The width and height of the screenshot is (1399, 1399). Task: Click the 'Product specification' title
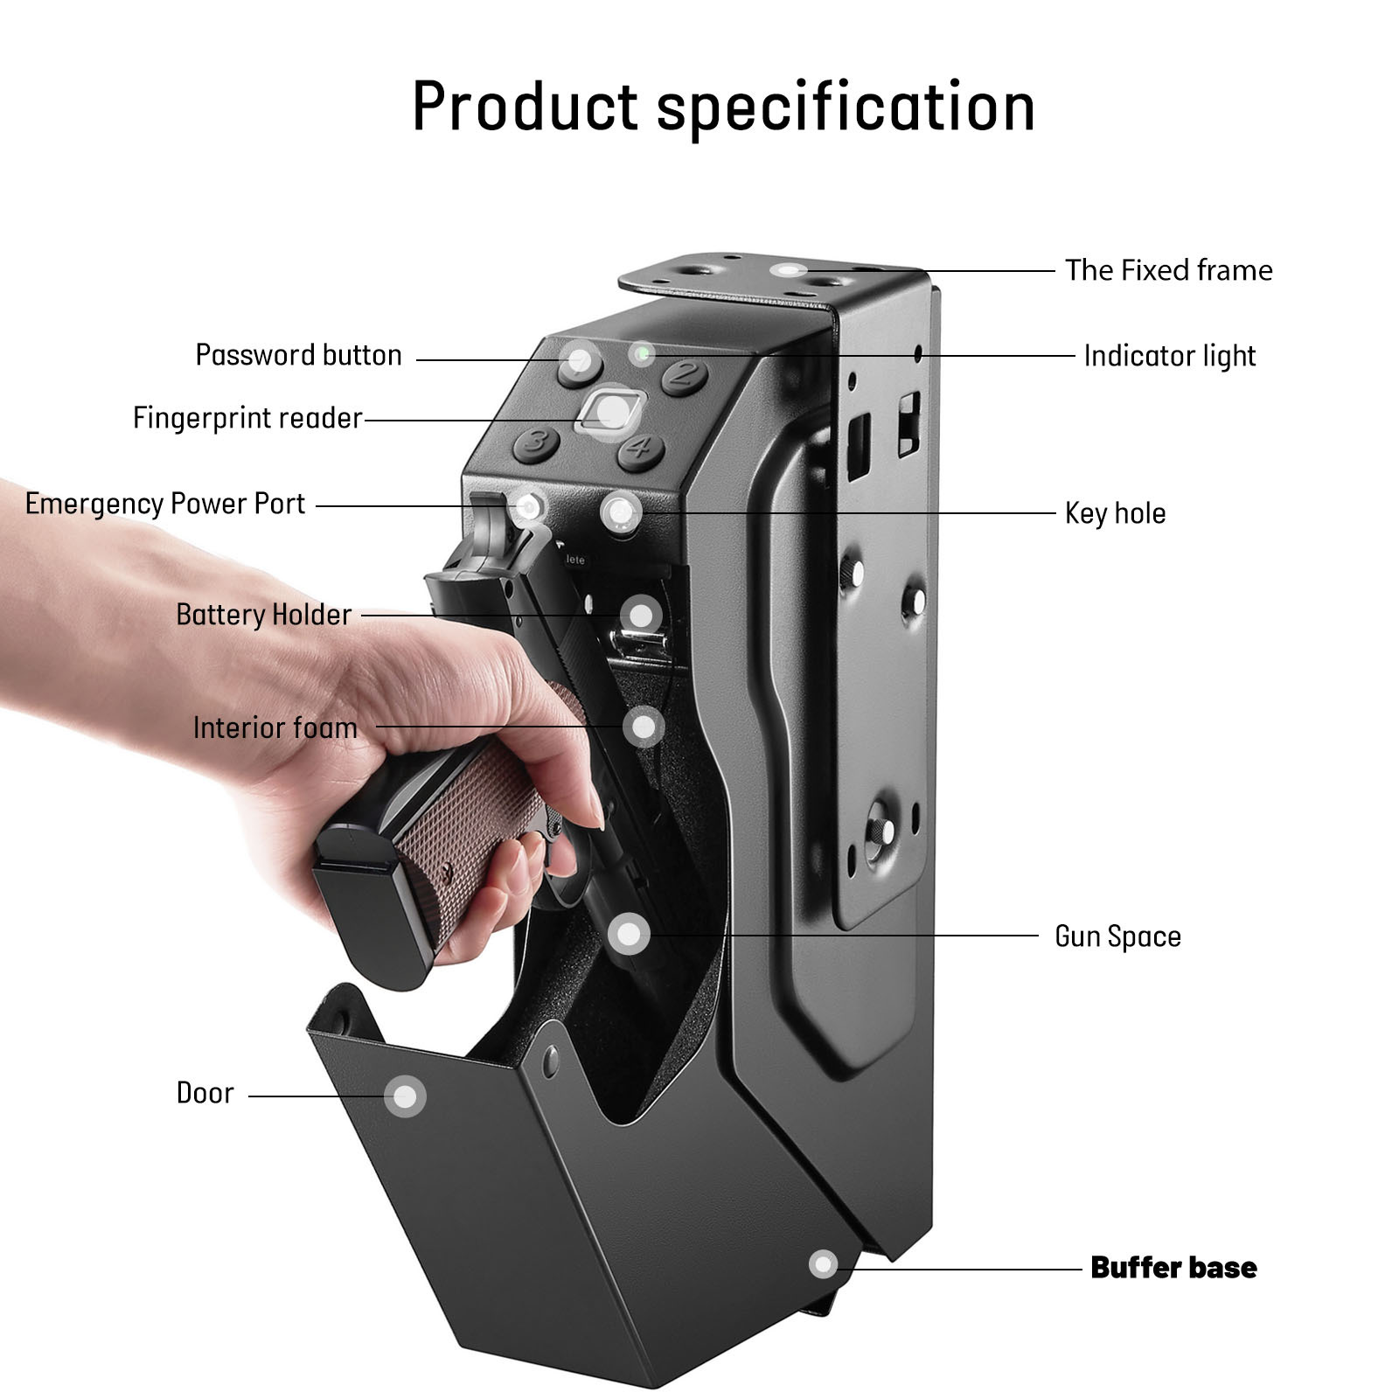723,107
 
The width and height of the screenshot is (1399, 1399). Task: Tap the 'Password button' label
298,355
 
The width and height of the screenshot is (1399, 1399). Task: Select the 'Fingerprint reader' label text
247,418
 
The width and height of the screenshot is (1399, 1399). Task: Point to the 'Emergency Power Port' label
165,505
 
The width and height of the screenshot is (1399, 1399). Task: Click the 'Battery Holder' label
263,615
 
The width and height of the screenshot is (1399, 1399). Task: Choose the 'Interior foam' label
275,727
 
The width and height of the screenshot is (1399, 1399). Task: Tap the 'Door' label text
205,1093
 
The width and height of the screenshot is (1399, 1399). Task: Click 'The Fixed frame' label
1168,270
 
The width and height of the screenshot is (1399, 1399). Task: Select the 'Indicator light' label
1169,356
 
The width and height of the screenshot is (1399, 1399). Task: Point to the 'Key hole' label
1115,513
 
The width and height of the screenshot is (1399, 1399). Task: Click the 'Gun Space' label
1117,936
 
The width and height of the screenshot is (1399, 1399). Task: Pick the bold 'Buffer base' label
1173,1268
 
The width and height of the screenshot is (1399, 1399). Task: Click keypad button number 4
641,449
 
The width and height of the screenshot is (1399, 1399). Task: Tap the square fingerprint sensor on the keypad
610,410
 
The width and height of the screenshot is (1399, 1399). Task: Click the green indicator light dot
643,353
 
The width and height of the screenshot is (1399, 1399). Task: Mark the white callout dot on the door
405,1096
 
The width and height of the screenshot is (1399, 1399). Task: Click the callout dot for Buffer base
823,1264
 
